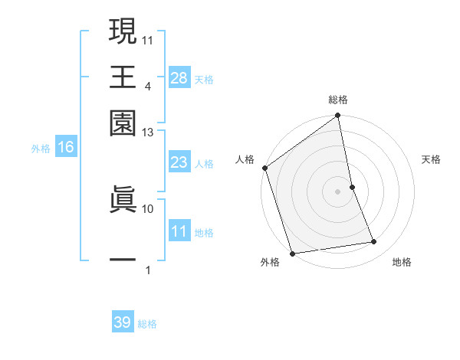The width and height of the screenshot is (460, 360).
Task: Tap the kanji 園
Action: coord(123,123)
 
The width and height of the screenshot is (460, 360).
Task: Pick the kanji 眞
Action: coord(123,197)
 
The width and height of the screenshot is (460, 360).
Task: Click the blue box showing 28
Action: coord(179,77)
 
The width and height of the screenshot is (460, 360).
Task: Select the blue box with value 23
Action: coord(179,162)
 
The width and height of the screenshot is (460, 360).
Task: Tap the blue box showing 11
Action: coord(179,231)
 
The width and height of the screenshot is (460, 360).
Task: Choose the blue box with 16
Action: coord(66,148)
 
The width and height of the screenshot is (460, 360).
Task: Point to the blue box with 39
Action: coord(123,322)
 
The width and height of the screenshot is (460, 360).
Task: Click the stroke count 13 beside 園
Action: coord(147,133)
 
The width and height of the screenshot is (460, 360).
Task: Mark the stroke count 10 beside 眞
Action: coord(147,208)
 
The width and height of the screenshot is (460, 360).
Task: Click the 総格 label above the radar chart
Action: coord(338,100)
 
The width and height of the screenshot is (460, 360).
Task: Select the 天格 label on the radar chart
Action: coord(432,159)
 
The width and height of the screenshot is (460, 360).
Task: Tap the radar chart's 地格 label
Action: coord(402,263)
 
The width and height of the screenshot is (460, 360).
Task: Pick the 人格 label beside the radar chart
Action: coord(245,159)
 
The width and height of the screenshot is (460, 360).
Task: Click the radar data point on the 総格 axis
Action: coord(338,116)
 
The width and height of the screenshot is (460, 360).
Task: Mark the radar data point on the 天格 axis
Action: coord(352,186)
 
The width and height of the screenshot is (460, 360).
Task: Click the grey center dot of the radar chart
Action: coord(338,191)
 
